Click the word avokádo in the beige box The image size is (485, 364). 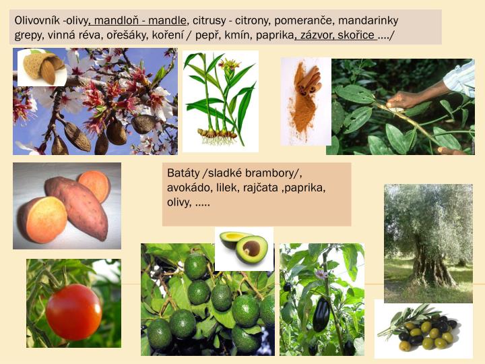click(x=191, y=187)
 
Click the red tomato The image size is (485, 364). click(x=73, y=311)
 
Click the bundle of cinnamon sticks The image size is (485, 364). click(x=309, y=82)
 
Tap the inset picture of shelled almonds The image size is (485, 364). click(x=42, y=67)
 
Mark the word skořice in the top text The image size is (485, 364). click(x=357, y=34)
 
